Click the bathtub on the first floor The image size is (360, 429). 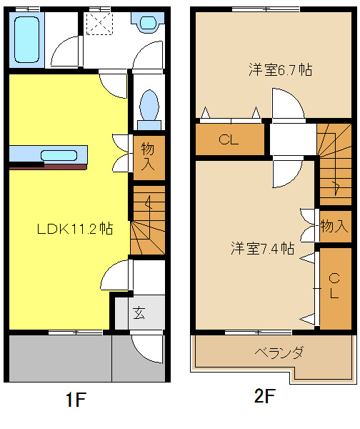(26, 39)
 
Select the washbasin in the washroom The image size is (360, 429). (148, 22)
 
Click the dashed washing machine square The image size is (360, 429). (99, 24)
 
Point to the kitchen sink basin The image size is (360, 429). (59, 155)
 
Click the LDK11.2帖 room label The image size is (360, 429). (75, 229)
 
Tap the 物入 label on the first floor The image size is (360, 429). (148, 157)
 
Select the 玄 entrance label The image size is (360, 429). (139, 312)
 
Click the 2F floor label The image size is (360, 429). (264, 395)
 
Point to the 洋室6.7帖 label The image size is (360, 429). (281, 69)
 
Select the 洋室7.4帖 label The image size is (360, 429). (263, 248)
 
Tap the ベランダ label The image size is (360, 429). (279, 352)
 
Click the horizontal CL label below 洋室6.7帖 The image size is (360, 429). (229, 139)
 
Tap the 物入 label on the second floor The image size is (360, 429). (334, 226)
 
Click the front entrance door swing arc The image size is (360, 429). (142, 353)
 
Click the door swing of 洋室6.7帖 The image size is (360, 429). (295, 99)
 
